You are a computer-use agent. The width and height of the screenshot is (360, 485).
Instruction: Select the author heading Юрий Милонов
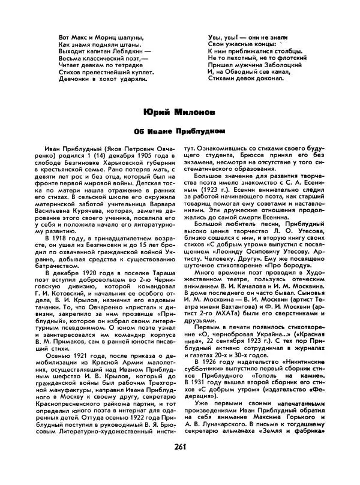click(179, 112)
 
